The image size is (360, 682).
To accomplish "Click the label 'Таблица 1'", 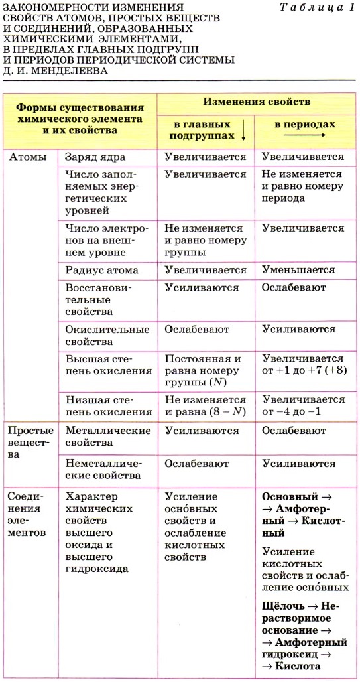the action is (317, 7).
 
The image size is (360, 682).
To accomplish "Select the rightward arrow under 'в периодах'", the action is (304, 135).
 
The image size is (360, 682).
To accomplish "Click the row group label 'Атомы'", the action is (27, 157).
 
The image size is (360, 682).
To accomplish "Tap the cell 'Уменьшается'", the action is (298, 270).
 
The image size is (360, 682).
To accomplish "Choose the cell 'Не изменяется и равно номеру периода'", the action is (302, 186).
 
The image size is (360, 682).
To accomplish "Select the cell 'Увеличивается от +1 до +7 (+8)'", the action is (303, 364).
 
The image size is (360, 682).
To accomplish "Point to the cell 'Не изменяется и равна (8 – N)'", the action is (205, 406).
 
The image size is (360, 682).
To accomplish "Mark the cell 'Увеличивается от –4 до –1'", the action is (303, 406).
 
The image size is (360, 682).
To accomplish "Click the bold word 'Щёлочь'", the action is (284, 606).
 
